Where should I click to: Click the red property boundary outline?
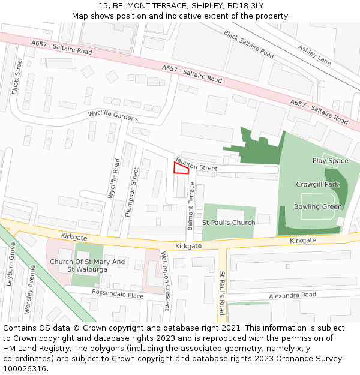[181, 168]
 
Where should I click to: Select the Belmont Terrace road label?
[191, 206]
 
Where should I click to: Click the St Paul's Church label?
[228, 223]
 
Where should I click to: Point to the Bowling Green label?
[318, 207]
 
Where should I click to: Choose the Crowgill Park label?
[317, 185]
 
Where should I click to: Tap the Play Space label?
[330, 161]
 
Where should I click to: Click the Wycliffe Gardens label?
[113, 115]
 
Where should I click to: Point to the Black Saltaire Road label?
[248, 44]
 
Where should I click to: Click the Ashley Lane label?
[314, 55]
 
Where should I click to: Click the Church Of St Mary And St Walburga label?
[88, 265]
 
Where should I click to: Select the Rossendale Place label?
[117, 294]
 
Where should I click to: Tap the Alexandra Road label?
[292, 295]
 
